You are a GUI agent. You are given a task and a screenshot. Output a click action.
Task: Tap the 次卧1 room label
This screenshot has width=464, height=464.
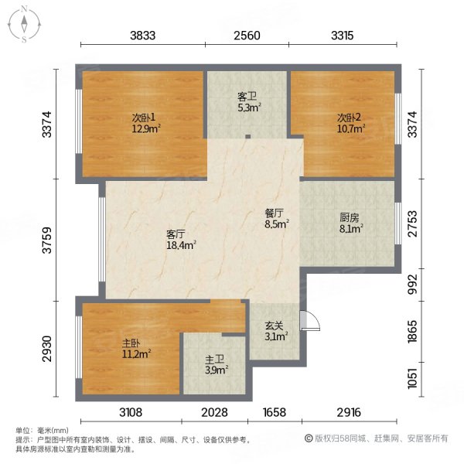click(144, 123)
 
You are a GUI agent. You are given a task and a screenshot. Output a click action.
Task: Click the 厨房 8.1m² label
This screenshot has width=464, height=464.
click(350, 223)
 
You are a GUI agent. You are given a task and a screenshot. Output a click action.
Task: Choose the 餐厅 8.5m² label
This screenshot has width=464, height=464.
click(276, 220)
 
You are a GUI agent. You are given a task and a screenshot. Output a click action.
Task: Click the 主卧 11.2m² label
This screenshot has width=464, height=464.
click(135, 350)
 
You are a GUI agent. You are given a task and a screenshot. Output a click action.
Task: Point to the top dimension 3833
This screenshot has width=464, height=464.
click(143, 35)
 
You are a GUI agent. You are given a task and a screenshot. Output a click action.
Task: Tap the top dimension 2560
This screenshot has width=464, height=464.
click(247, 35)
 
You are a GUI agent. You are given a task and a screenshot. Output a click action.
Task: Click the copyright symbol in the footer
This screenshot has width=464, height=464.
click(308, 438)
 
